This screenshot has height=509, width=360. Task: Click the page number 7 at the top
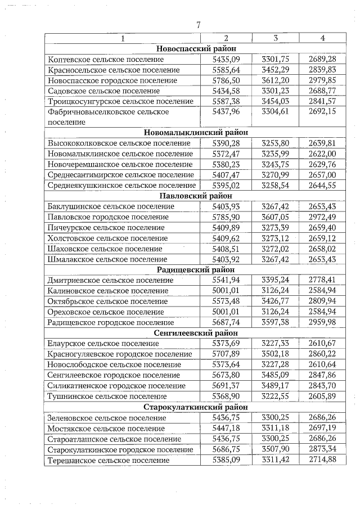click(198, 25)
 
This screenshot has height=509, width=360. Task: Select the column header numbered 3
click(275, 38)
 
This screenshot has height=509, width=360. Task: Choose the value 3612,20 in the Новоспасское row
click(275, 80)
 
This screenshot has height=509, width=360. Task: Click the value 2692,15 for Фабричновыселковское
click(322, 112)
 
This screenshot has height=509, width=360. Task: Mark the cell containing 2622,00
click(322, 154)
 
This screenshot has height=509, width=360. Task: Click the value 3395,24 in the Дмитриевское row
click(275, 280)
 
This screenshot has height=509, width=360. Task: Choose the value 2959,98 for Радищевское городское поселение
click(322, 323)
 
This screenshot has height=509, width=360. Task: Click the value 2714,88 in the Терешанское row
click(322, 460)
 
